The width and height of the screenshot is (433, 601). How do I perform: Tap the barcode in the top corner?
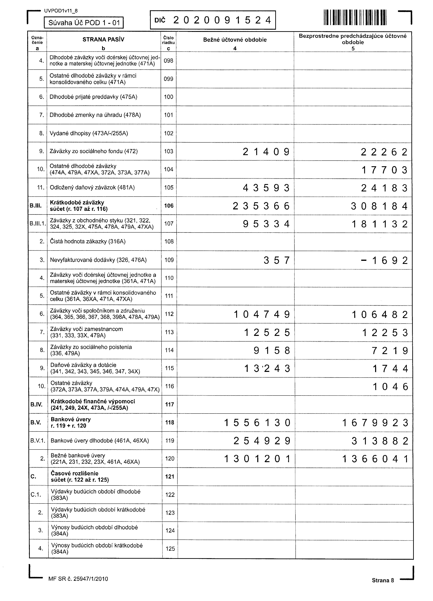pos(355,17)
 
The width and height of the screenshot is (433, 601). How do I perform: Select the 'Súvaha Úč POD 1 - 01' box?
pos(84,23)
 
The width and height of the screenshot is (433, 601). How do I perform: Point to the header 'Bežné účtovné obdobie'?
pos(235,40)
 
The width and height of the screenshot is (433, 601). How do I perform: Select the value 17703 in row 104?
pos(384,170)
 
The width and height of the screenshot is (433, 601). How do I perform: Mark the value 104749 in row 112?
pos(262,314)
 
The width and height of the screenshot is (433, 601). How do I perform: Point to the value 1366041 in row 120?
pos(375,459)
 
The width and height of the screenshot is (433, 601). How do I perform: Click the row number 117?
pos(170,404)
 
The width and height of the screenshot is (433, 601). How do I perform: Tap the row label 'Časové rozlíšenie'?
pos(75,473)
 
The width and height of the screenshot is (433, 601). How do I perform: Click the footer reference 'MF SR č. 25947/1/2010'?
pos(78,579)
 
